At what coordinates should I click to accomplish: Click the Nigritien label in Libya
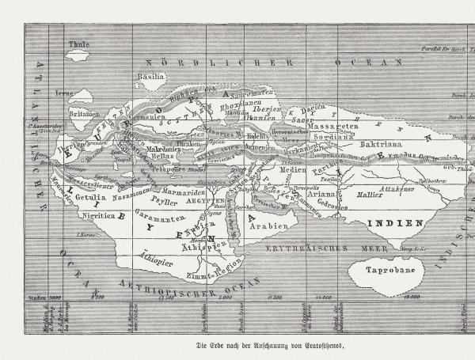[x=97, y=215]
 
